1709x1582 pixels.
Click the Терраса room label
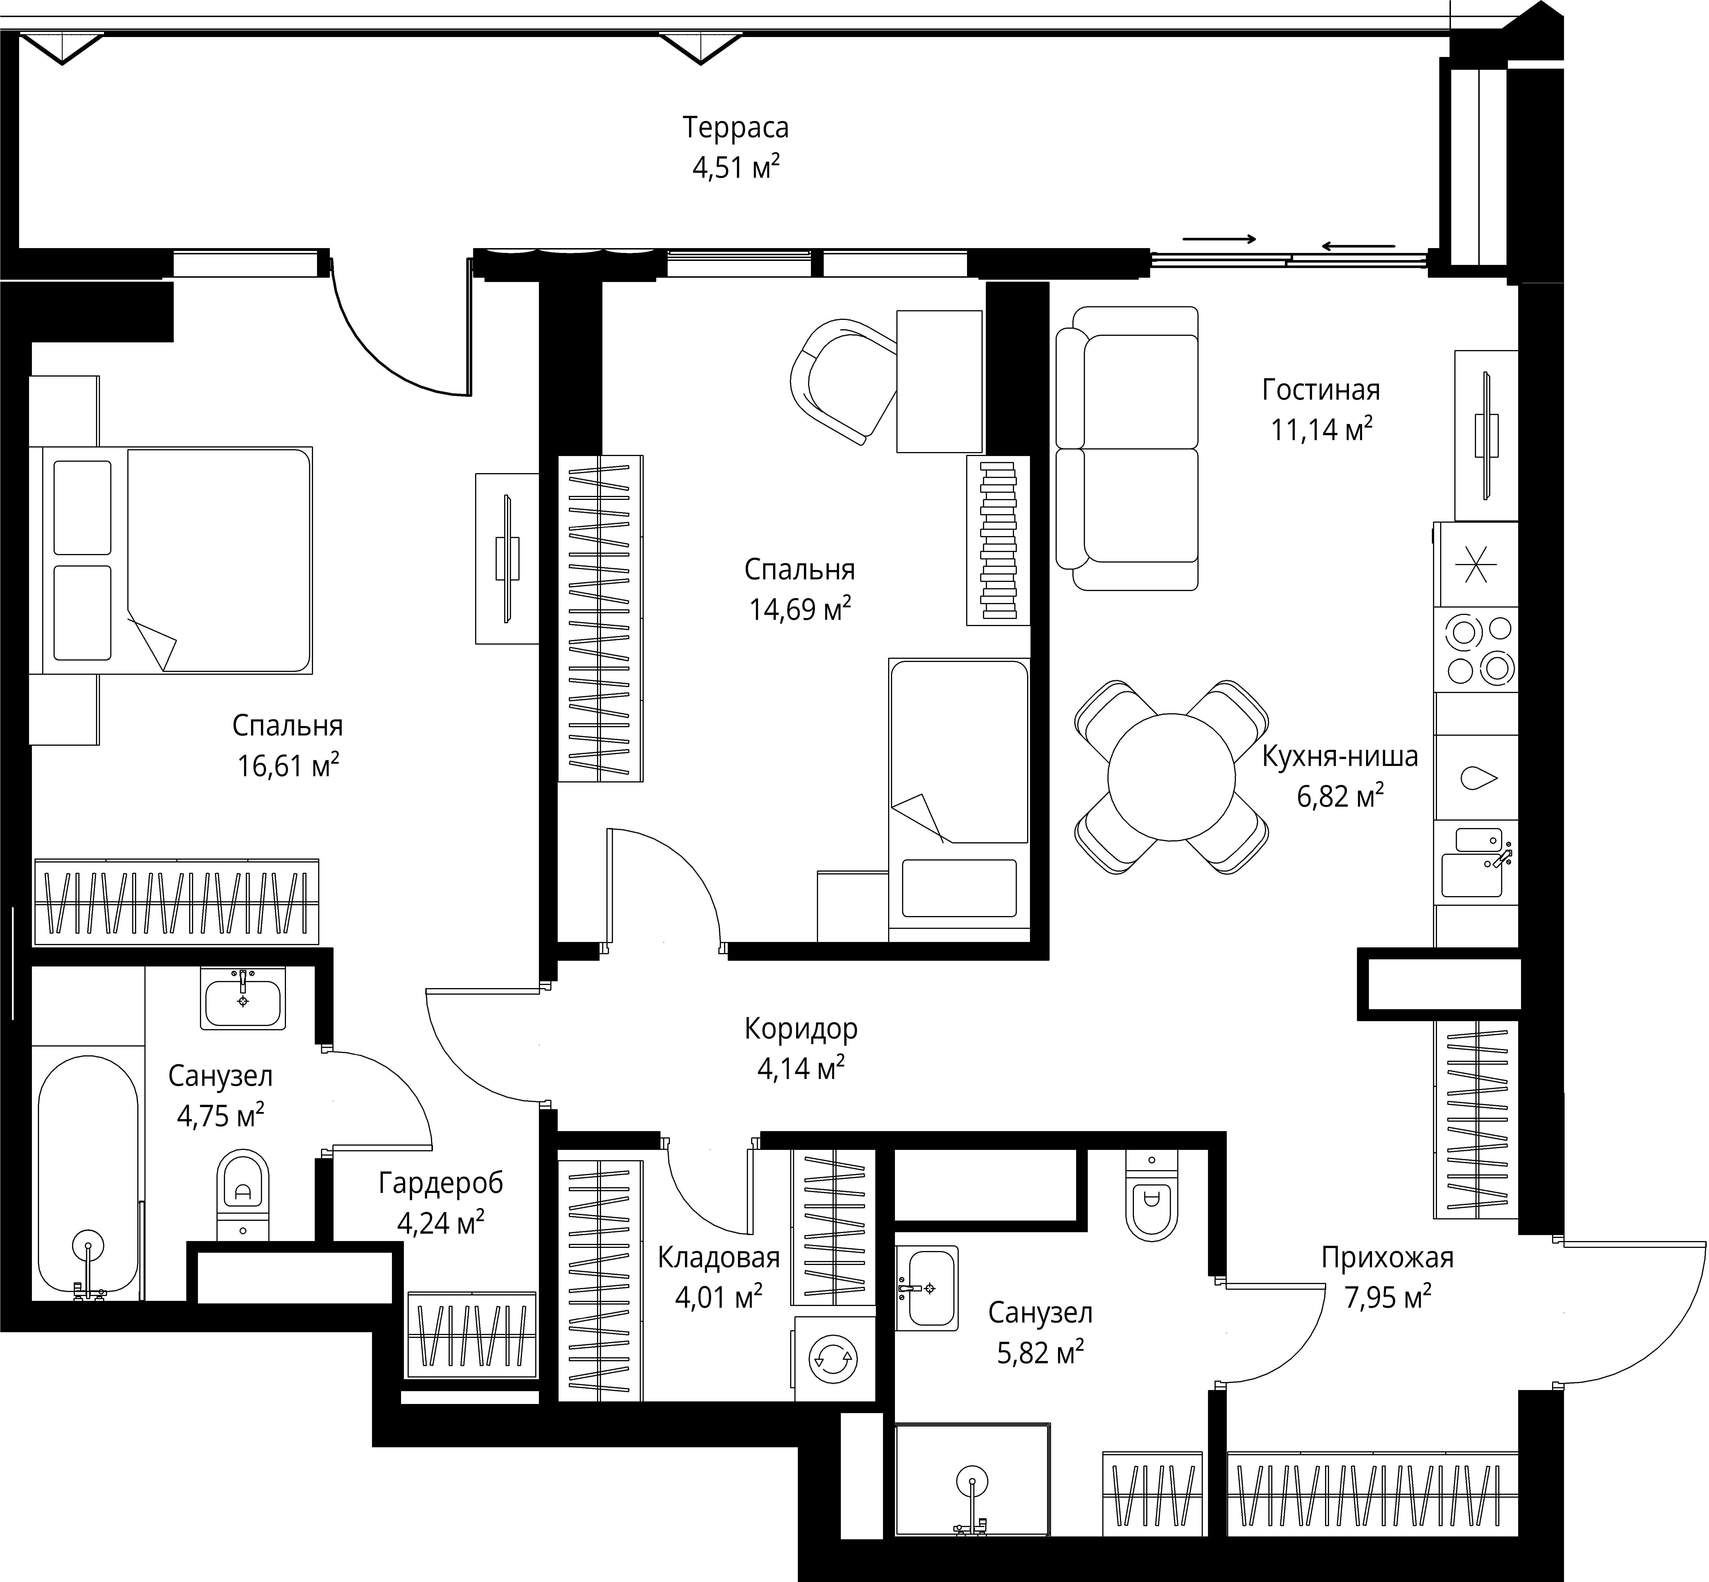click(735, 128)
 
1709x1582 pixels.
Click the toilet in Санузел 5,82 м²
click(1152, 1196)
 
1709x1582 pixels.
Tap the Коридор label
click(801, 1028)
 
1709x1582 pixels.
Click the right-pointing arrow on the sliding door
click(1220, 239)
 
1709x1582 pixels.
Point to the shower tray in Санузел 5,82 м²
click(972, 1481)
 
